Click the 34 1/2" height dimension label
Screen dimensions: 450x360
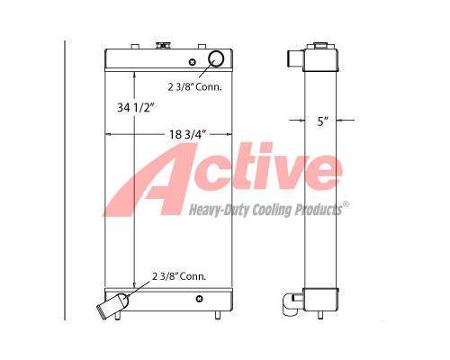coord(136,107)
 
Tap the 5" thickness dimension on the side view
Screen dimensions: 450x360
coord(321,121)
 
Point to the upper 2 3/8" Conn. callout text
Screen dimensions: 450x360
coord(195,87)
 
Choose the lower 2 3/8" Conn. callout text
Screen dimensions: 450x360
coord(179,276)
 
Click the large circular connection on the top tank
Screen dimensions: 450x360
coord(216,58)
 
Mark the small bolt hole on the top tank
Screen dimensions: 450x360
coord(193,62)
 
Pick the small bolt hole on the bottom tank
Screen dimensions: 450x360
coord(199,299)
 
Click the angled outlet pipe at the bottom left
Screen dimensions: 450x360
coord(112,304)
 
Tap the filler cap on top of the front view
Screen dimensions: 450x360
coord(163,46)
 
